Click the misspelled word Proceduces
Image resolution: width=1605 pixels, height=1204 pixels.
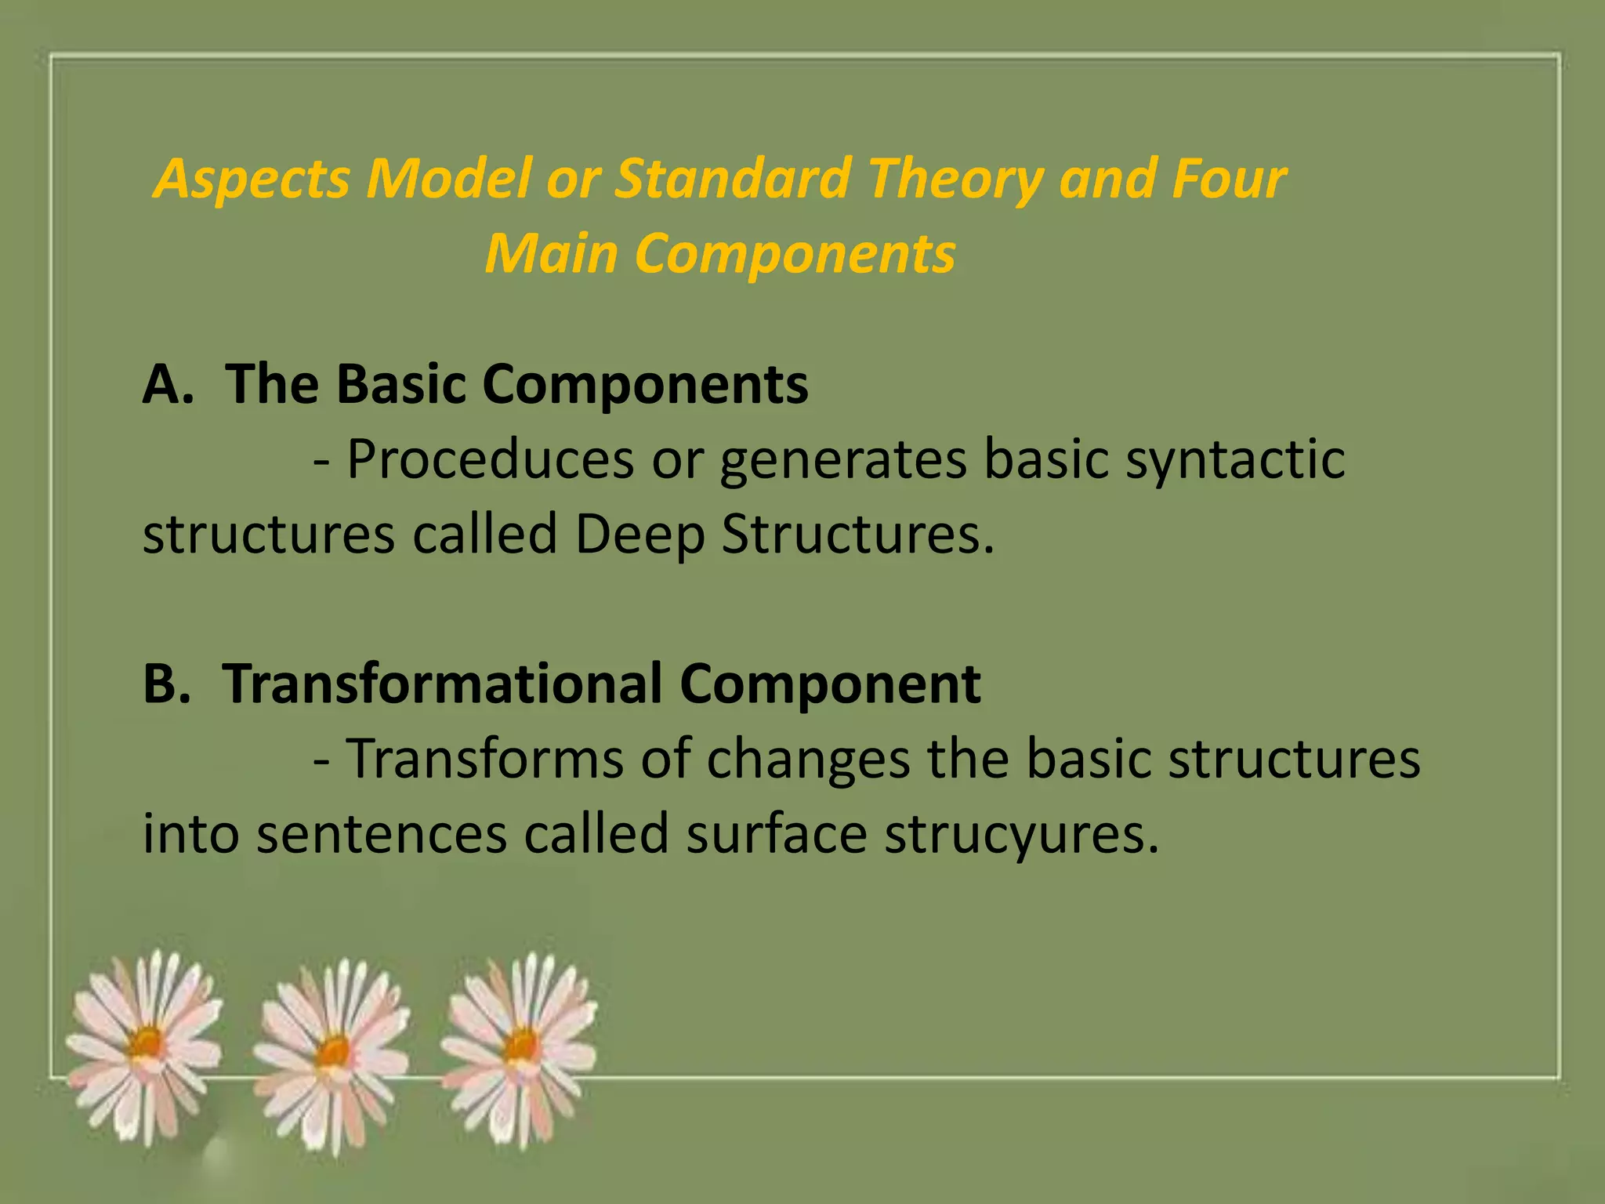pyautogui.click(x=491, y=459)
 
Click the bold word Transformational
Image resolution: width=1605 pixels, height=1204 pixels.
pyautogui.click(x=443, y=684)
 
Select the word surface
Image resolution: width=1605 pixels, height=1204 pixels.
pyautogui.click(x=777, y=832)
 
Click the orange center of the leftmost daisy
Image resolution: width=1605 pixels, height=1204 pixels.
pyautogui.click(x=147, y=1043)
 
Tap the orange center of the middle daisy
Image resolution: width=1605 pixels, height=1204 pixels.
pyautogui.click(x=335, y=1050)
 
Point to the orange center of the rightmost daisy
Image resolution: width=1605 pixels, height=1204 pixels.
pyautogui.click(x=521, y=1045)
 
